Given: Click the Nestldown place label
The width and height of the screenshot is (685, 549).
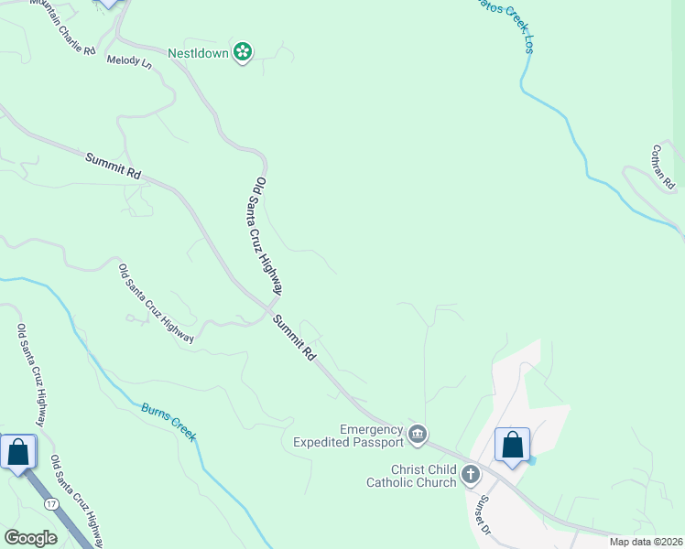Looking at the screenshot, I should point(198,53).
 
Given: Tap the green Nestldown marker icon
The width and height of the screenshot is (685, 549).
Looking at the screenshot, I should point(243,53).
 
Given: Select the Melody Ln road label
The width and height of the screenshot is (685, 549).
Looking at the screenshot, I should point(129,61).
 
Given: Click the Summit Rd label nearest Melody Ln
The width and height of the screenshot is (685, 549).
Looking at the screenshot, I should point(114,166).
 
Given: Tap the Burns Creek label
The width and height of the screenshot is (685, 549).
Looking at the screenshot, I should point(169,421).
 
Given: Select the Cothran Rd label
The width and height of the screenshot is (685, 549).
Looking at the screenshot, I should point(664,166).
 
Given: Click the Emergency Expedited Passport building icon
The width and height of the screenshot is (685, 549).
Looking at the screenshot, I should point(418,434).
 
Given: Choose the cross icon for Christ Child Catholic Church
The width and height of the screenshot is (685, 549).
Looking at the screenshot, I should point(471,474).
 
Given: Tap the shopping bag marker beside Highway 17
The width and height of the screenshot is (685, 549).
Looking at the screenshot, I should point(17,452).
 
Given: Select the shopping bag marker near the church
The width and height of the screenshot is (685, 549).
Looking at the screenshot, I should point(513,446).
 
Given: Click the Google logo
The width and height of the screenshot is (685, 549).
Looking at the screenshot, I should point(30,538).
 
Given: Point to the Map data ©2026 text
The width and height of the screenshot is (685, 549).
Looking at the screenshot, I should point(646,542).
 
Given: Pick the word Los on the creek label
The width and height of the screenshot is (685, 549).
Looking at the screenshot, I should point(528,44).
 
